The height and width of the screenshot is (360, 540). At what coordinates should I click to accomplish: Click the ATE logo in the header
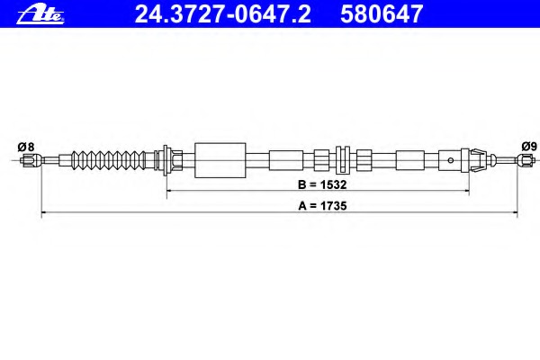(40, 14)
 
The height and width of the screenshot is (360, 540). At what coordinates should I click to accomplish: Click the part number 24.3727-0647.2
(223, 14)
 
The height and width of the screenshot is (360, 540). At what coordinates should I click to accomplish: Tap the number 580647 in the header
(382, 14)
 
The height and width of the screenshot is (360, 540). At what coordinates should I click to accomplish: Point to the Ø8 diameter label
(26, 147)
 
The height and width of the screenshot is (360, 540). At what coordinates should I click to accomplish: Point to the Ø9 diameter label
(529, 147)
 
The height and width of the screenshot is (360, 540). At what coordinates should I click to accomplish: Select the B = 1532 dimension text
(322, 184)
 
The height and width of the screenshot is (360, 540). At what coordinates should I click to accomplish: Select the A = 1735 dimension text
(322, 206)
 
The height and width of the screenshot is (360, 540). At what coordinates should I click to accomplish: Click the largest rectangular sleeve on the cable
(220, 160)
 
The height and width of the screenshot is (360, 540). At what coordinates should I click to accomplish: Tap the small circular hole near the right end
(450, 160)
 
